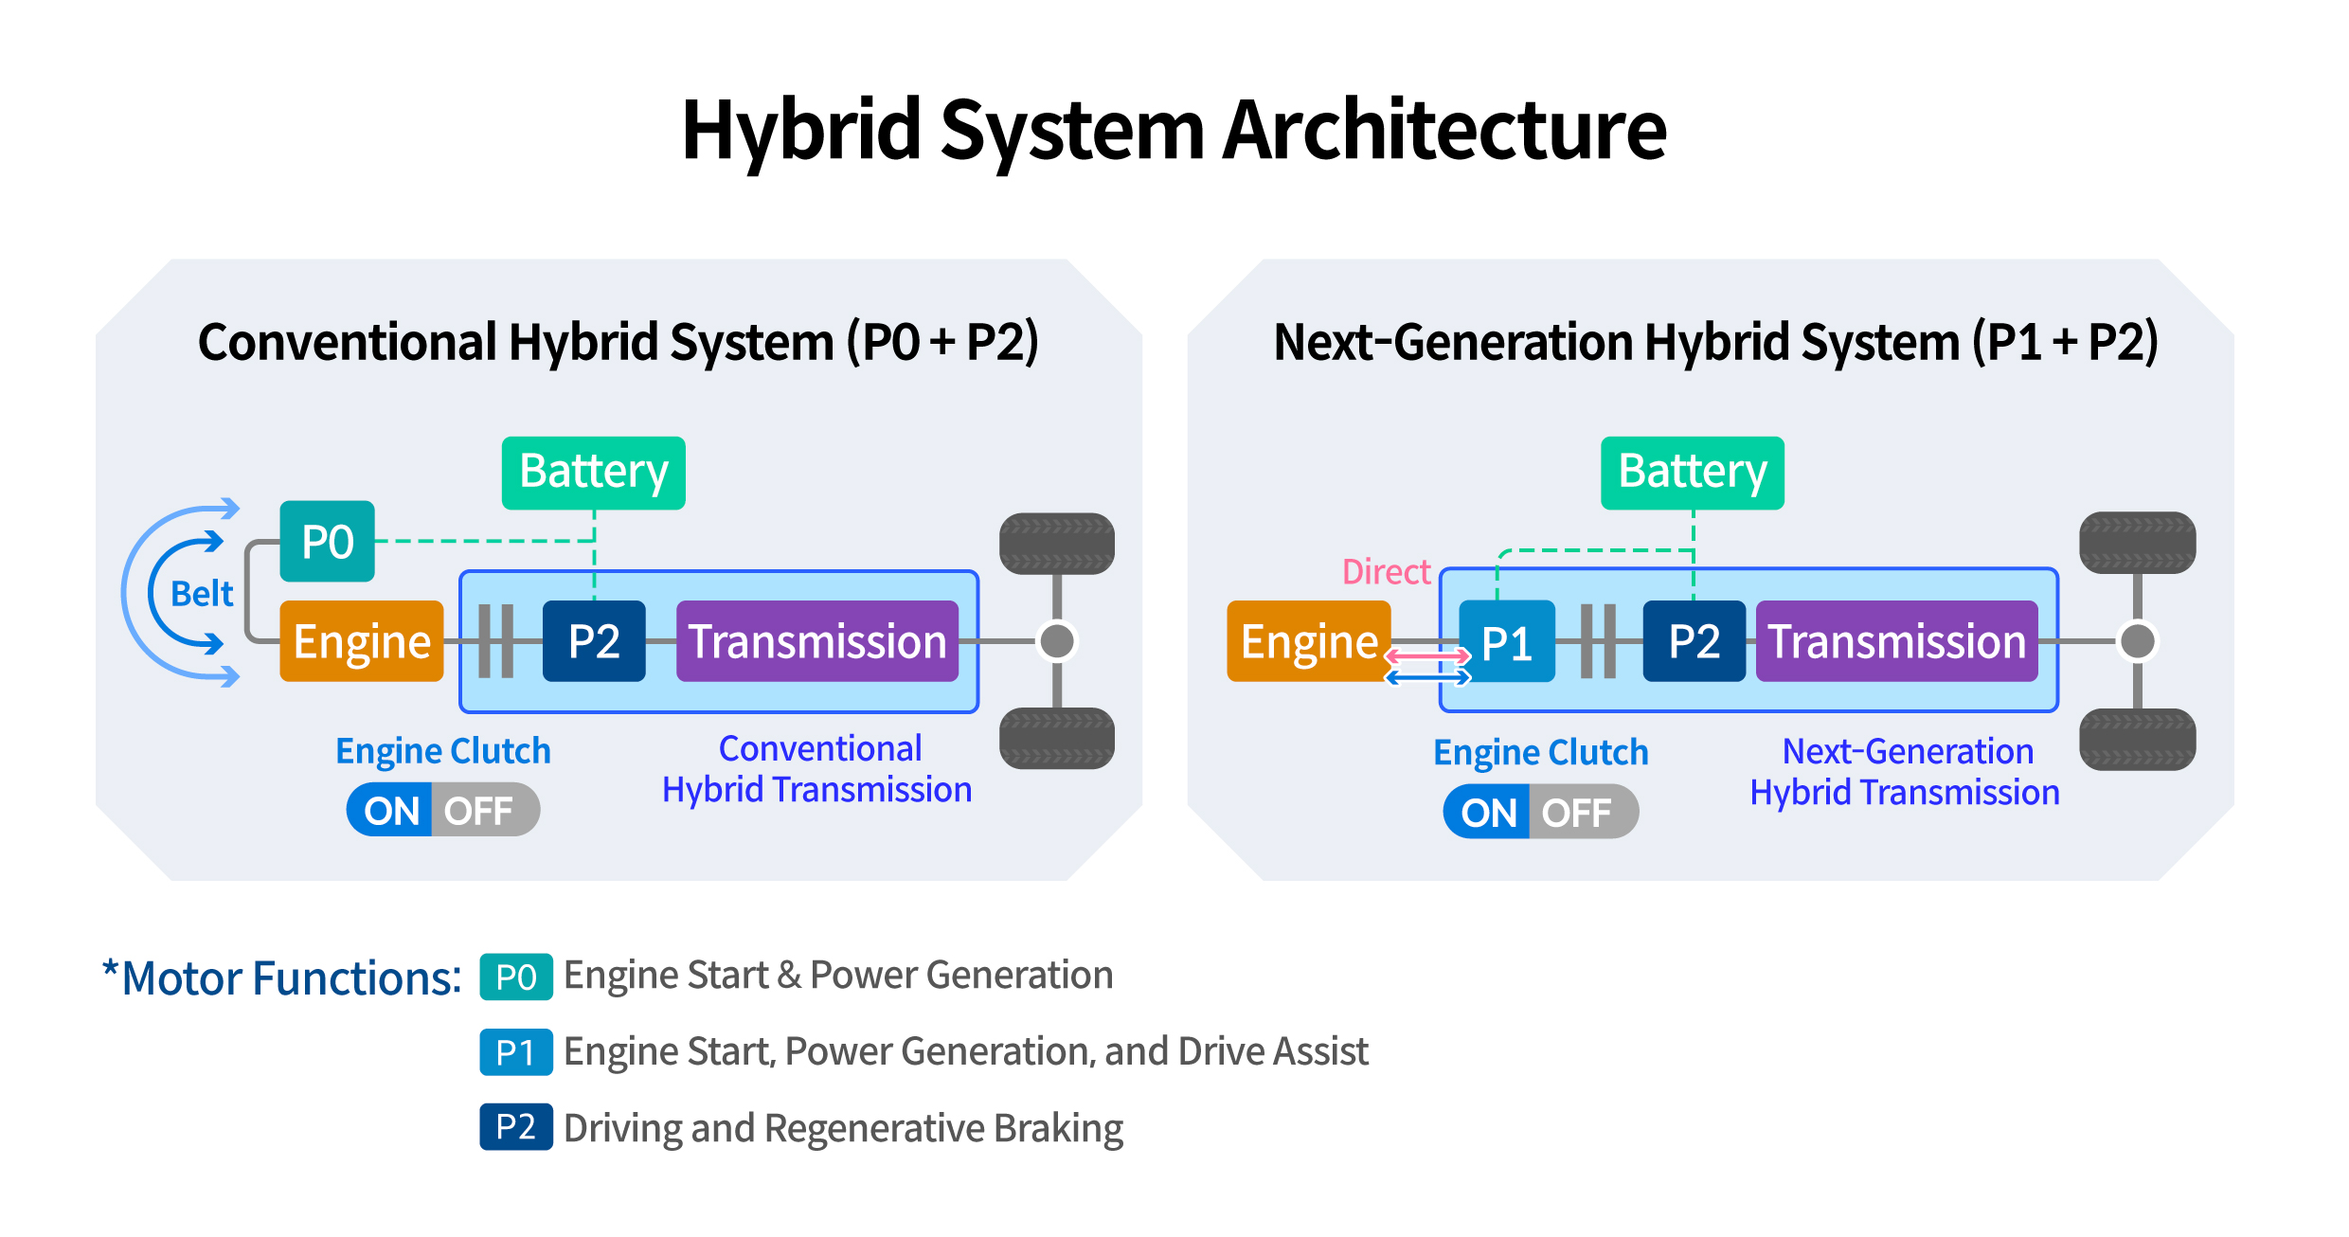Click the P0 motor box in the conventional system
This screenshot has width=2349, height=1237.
327,542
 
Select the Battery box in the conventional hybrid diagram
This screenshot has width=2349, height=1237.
594,473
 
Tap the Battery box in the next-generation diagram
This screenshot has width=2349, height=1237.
1692,473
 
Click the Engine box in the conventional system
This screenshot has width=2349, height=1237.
362,641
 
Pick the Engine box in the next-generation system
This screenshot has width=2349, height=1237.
1308,641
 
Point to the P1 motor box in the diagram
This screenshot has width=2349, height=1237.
1506,642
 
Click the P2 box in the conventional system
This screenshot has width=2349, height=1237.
594,641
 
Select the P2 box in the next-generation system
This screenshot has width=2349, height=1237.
1694,641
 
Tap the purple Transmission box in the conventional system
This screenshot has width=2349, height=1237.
816,641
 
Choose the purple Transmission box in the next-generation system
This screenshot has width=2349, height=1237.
1896,641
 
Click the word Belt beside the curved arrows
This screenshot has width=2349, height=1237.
202,594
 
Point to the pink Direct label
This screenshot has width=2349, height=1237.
1386,572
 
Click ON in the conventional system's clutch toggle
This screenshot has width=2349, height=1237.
391,811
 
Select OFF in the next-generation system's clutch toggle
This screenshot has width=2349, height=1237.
1576,813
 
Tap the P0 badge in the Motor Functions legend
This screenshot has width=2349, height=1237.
516,977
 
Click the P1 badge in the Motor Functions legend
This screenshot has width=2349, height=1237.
516,1052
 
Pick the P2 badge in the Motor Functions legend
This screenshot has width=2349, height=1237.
516,1127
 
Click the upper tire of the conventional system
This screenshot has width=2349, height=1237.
1057,544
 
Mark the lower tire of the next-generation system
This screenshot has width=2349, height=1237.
2137,739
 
